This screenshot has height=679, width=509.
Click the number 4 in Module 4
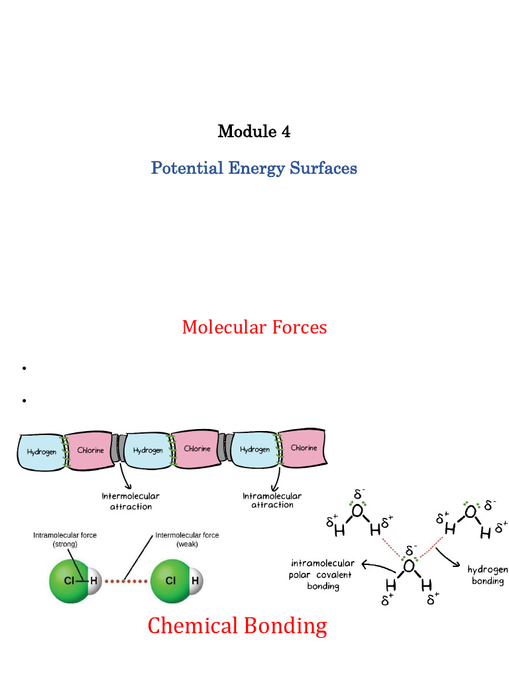pos(286,132)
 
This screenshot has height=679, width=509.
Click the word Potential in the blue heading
pos(187,168)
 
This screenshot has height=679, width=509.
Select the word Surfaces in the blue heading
pos(323,168)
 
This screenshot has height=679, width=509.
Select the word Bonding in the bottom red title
pos(286,627)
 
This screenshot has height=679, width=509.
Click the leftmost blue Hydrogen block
pos(41,452)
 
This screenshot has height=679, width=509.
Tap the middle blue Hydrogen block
pos(148,450)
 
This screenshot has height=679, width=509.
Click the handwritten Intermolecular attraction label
pos(131,501)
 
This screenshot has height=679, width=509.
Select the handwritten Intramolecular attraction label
pos(272,500)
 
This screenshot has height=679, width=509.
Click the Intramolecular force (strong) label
pos(65,540)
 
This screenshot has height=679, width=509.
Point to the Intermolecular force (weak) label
pos(187,540)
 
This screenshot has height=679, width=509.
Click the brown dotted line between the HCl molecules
pos(126,581)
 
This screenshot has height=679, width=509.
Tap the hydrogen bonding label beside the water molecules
pos(488,575)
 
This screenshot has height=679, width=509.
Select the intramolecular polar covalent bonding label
pos(321,575)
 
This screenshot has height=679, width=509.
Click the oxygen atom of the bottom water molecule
pos(408,566)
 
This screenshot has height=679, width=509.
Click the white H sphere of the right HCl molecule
pos(196,581)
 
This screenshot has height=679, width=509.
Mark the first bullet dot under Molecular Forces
pos(25,368)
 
